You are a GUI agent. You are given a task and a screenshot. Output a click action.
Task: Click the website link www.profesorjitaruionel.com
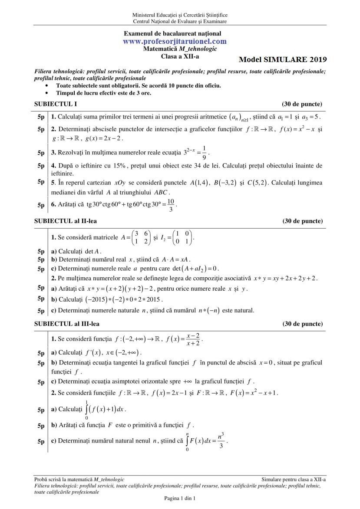[x=175, y=41]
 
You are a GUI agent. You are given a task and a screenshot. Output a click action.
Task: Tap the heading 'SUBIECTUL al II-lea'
[x=65, y=221]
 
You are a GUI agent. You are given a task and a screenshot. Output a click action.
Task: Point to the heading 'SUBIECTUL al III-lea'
[x=66, y=324]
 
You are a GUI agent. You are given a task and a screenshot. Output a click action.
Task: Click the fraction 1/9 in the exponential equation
[x=204, y=153]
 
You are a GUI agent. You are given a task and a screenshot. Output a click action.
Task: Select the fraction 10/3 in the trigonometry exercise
[x=171, y=205]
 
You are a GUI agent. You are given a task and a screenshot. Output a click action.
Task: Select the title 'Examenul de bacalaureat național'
[x=172, y=33]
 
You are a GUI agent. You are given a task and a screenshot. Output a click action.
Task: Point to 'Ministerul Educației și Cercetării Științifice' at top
[x=180, y=15]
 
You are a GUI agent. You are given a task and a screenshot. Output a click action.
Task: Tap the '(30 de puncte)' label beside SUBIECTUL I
[x=302, y=104]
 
